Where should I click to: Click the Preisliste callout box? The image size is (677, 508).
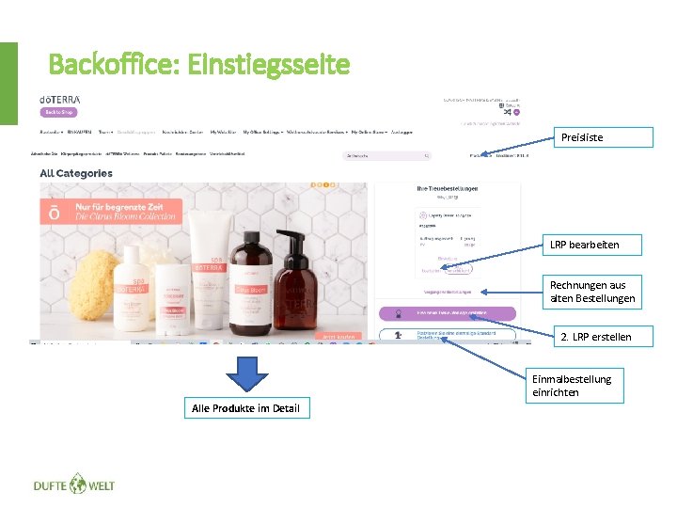pyautogui.click(x=601, y=137)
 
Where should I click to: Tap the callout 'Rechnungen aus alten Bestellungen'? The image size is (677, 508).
pyautogui.click(x=592, y=292)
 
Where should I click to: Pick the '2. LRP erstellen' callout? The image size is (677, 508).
pyautogui.click(x=595, y=337)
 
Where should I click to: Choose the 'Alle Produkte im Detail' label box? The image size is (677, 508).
pyautogui.click(x=245, y=408)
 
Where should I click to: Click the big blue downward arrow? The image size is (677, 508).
pyautogui.click(x=246, y=373)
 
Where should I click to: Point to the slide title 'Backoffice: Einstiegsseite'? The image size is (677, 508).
pyautogui.click(x=198, y=65)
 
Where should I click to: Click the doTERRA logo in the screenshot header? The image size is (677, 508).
pyautogui.click(x=59, y=99)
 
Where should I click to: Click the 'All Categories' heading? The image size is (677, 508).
pyautogui.click(x=76, y=173)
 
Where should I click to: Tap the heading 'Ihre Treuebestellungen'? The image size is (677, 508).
pyautogui.click(x=447, y=188)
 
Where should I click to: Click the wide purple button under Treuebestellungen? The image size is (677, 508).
pyautogui.click(x=447, y=312)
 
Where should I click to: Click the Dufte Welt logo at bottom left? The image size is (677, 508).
pyautogui.click(x=73, y=485)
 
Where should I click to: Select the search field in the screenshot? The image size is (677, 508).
pyautogui.click(x=388, y=155)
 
